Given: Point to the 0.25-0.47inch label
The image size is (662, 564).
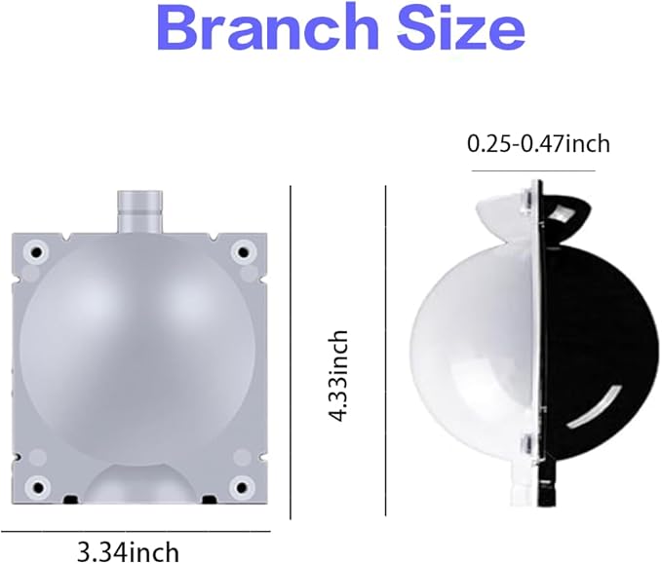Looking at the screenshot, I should pos(538,144).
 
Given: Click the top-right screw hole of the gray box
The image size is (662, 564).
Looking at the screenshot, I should pos(240,251).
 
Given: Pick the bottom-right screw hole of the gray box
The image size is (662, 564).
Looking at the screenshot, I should pos(240,486).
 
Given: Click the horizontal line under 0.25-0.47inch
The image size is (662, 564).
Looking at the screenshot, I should pos(532,170).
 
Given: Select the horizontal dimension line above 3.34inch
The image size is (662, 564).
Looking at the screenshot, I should pos(136,531).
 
